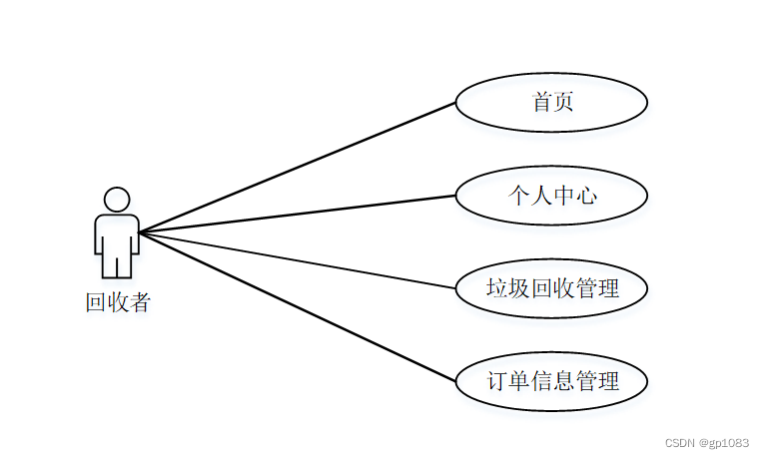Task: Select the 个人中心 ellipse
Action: click(x=551, y=196)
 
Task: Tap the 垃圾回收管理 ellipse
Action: click(x=551, y=289)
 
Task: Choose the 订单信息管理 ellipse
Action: click(x=551, y=381)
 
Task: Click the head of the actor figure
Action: click(x=117, y=199)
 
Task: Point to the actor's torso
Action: click(x=117, y=231)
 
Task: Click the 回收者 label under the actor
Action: click(x=118, y=302)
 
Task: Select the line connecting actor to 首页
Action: click(x=300, y=167)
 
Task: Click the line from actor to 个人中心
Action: click(x=300, y=214)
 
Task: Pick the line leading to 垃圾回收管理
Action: click(x=300, y=259)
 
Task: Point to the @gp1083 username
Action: click(x=723, y=442)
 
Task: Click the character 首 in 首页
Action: click(x=541, y=102)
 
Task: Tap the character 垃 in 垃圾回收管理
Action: click(x=496, y=289)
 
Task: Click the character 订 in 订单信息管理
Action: click(x=496, y=381)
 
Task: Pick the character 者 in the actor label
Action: click(x=140, y=302)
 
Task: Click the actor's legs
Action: click(x=117, y=264)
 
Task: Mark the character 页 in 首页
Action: click(x=563, y=102)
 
